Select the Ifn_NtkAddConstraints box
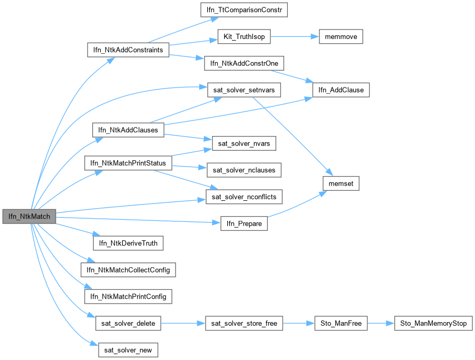128,50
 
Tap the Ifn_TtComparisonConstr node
244,9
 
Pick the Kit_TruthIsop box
244,37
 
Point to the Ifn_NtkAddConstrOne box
244,64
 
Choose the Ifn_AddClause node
342,90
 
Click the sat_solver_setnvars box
244,90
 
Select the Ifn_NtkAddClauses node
128,130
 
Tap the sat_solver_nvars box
244,143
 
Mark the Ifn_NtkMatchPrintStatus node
128,163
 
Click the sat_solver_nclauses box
244,170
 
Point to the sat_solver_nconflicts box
244,197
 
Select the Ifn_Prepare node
244,223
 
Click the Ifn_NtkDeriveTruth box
128,243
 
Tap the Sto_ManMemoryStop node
433,323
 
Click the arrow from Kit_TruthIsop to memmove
294,37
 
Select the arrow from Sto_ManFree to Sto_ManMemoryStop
381,323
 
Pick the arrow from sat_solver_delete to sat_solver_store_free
182,323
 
